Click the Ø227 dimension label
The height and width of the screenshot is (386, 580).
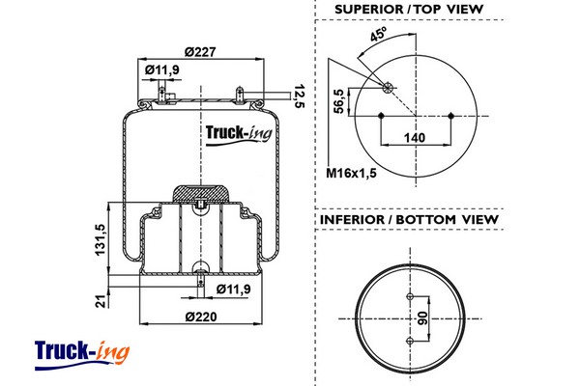point(200,52)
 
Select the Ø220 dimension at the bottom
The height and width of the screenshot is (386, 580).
point(201,317)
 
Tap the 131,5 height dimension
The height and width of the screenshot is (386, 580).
point(101,239)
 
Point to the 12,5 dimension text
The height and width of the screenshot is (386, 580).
point(299,96)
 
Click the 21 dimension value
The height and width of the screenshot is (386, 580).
point(101,301)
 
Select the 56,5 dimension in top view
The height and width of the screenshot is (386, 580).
point(339,100)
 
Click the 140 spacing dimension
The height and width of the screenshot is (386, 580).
point(415,138)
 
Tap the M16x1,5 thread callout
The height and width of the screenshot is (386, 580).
point(351,173)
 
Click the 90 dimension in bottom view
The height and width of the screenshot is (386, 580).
point(422,318)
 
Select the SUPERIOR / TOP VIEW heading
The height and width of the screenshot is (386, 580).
point(409,10)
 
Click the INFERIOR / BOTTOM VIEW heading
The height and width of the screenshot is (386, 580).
point(409,219)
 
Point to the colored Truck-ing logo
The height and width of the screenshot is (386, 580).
point(82,354)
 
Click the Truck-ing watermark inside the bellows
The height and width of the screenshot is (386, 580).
point(239,134)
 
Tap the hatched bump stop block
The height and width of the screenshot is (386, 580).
point(200,193)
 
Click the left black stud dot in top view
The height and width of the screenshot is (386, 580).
point(381,116)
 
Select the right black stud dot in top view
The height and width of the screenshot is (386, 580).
point(450,116)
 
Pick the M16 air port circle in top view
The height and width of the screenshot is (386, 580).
point(388,88)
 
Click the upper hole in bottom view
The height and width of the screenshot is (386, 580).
point(410,296)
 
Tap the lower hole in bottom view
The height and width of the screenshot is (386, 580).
point(410,341)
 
